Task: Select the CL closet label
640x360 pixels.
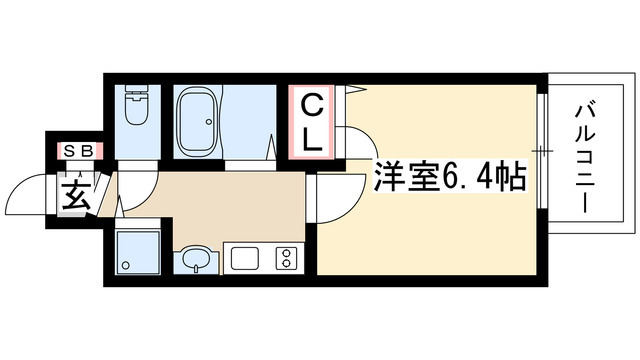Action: pyautogui.click(x=313, y=122)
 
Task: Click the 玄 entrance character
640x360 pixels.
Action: pyautogui.click(x=78, y=192)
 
